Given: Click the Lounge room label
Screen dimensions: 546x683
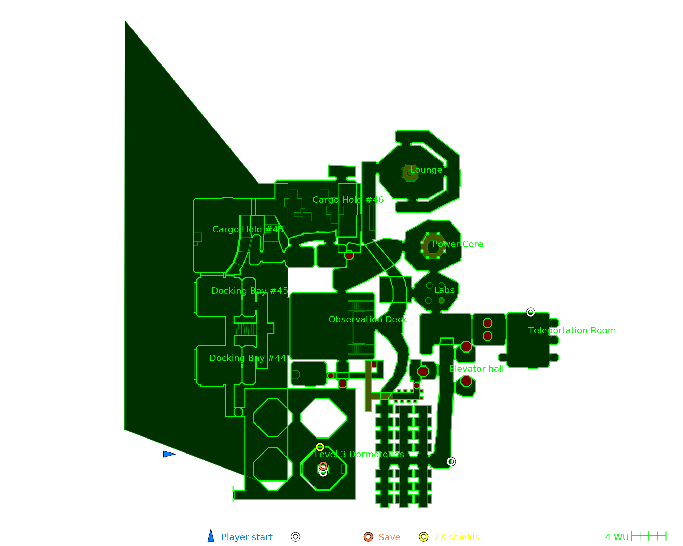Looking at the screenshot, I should click(426, 170).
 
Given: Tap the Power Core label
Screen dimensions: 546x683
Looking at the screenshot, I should click(458, 244).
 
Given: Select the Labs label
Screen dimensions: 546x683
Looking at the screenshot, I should click(444, 290).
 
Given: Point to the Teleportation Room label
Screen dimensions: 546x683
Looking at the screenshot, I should click(572, 331).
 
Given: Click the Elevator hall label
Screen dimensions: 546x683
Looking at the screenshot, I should click(476, 369).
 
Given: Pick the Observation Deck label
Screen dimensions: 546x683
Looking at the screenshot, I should click(368, 320).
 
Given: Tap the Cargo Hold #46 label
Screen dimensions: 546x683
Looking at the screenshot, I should click(348, 200).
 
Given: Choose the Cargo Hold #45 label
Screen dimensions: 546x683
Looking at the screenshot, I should click(248, 230).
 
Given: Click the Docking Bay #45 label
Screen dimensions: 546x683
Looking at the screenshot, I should click(250, 291).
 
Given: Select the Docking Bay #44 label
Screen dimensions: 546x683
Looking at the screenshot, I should click(248, 358).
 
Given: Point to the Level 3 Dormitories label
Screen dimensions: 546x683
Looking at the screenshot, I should click(359, 455).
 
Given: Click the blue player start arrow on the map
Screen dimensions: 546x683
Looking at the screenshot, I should click(169, 454).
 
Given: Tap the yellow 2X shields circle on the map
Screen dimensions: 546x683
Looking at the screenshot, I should click(320, 447).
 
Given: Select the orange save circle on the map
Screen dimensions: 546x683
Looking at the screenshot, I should click(323, 466).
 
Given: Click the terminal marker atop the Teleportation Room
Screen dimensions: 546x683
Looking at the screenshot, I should click(530, 312).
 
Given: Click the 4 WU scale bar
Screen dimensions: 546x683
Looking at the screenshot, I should click(649, 536).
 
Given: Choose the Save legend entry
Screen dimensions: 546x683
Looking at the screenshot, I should click(382, 537).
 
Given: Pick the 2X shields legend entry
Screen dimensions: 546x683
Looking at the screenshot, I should click(449, 537).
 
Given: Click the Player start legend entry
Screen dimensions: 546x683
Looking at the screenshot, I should click(240, 537).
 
